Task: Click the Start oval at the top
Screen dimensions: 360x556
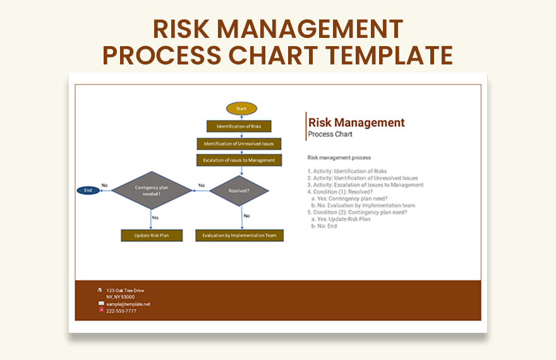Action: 241,109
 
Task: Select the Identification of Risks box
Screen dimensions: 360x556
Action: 239,126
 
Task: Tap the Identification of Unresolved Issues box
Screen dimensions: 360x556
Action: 239,144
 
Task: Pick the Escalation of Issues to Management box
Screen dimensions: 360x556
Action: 239,160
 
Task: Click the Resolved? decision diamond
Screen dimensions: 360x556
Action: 239,191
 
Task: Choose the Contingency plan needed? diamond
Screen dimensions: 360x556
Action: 152,191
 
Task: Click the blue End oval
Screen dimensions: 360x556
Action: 88,190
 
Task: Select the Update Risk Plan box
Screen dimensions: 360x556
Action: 152,236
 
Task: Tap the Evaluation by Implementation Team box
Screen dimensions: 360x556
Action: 239,236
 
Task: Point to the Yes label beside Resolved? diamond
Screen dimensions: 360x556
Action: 201,186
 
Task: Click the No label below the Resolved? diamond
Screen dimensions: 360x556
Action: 247,216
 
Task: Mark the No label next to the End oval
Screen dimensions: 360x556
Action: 104,186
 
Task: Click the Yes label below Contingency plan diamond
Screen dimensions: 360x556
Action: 155,217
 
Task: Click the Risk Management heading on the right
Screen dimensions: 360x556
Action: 356,123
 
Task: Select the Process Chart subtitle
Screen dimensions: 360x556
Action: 330,135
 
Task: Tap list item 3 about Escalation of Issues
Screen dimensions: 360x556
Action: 365,185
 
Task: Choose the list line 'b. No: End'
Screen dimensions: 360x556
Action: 324,226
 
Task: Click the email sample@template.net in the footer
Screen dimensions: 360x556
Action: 128,304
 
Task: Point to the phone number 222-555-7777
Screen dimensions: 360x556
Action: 121,311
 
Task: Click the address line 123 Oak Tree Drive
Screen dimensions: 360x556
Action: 125,291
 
